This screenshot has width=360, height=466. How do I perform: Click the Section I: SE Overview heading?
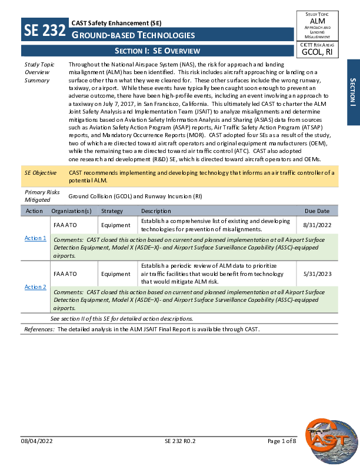(x=157, y=51)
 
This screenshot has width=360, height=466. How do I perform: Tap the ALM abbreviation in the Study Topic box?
(x=317, y=21)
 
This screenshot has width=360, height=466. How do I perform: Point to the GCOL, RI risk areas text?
(x=317, y=52)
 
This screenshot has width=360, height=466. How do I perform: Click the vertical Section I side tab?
(x=353, y=92)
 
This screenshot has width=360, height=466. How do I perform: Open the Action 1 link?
(x=35, y=238)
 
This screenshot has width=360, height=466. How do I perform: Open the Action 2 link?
(x=35, y=287)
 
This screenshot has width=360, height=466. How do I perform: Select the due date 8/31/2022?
(x=318, y=225)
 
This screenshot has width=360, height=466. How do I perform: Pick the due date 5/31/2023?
(x=318, y=274)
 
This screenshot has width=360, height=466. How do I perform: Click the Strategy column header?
(x=112, y=211)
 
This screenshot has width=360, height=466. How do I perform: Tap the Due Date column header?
(x=317, y=211)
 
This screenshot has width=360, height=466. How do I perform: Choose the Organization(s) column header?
(x=71, y=211)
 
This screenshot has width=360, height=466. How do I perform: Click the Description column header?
(x=156, y=211)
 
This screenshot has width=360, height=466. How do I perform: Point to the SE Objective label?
(x=41, y=172)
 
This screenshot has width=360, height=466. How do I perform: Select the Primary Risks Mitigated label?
(x=39, y=196)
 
